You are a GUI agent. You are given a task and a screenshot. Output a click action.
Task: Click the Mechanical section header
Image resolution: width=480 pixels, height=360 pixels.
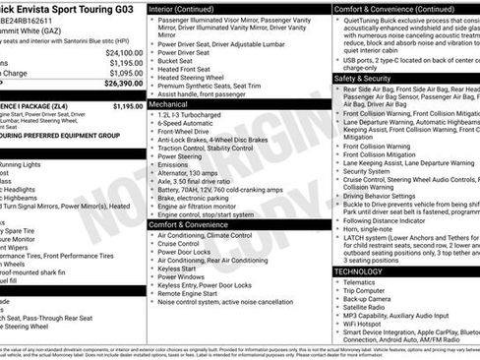click(x=169, y=102)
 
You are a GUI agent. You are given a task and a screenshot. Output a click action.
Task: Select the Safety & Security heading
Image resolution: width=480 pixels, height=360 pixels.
click(x=363, y=78)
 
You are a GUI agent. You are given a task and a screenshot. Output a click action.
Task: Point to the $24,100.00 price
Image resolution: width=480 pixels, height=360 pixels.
click(x=125, y=52)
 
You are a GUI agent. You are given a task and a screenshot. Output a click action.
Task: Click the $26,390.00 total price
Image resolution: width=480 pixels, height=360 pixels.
click(x=124, y=84)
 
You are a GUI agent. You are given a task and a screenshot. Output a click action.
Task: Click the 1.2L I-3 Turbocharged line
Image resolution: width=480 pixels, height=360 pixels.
click(x=188, y=114)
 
